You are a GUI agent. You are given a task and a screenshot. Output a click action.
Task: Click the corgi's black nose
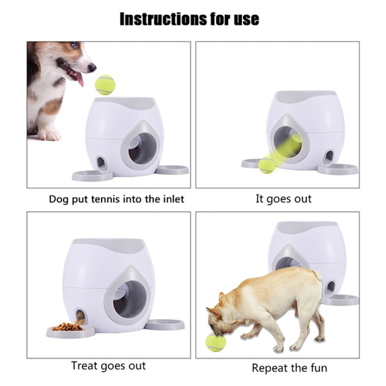92,68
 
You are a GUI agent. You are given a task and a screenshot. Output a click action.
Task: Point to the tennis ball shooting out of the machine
267,166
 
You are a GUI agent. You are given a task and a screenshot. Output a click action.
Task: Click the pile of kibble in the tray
68,327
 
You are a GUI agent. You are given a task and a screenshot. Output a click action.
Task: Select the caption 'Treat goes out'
109,365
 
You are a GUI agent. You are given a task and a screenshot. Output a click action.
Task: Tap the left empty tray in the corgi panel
92,176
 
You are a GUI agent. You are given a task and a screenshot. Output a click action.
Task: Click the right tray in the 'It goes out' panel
337,169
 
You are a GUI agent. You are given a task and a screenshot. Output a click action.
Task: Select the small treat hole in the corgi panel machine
102,162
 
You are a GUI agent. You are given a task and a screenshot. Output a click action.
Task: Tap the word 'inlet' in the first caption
171,199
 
